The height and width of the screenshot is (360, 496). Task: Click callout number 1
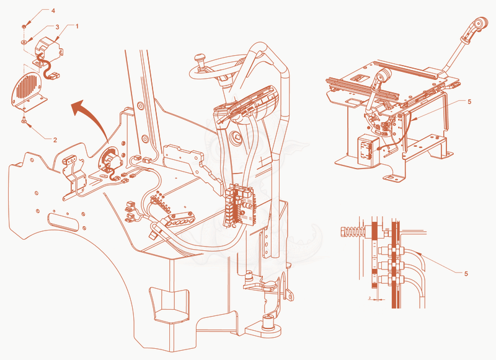pos(76,26)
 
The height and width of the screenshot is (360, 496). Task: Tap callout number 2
pos(55,139)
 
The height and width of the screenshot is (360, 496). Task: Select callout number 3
pos(57,27)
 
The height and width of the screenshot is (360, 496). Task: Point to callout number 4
pos(53,11)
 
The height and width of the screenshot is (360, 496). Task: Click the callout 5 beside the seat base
pos(469,102)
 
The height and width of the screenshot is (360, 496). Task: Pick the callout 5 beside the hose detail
pos(466,273)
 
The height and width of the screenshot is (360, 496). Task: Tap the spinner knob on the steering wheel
pos(199,59)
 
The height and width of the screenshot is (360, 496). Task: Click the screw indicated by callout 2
pos(24,120)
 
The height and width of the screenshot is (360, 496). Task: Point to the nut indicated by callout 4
pos(24,27)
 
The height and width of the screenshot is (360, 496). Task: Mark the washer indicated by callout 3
pos(24,42)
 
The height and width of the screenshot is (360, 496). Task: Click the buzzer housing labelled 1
pos(48,48)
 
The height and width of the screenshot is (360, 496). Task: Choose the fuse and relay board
pos(240,204)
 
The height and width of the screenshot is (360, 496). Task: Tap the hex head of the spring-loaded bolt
pos(344,232)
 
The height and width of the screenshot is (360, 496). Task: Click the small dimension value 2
pos(369,298)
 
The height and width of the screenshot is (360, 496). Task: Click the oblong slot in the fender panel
pos(63,221)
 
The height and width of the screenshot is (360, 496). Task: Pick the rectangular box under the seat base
pos(368,149)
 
